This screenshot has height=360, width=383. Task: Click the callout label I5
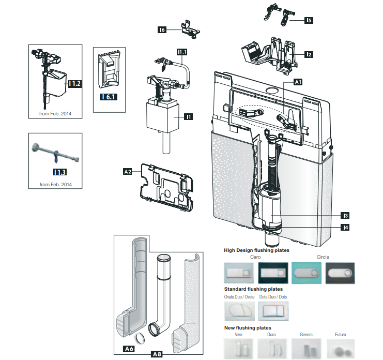pos(309,21)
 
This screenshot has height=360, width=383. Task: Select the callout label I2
pos(309,54)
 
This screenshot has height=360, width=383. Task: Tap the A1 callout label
pos(298,82)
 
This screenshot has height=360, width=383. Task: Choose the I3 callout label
pos(344,215)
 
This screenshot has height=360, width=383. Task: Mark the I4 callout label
pos(344,227)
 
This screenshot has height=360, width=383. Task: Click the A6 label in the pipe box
pos(130,350)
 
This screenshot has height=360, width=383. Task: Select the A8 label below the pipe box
pos(157,355)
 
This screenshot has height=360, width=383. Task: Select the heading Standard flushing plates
pos(253,289)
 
